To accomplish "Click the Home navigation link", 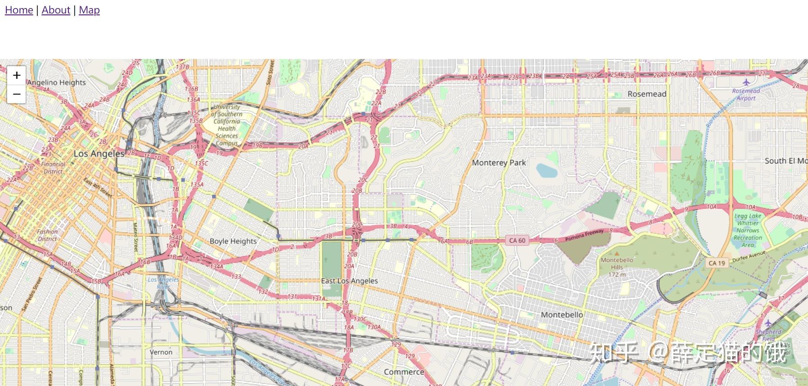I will click(19, 10).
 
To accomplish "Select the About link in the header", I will click(56, 10).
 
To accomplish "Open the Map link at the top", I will click(89, 10).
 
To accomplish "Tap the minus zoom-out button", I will click(17, 94).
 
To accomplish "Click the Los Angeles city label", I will click(99, 154).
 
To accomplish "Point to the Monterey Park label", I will click(499, 163).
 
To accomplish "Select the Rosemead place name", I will click(647, 94).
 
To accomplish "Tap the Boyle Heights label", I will click(233, 241).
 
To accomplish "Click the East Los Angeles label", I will click(349, 281).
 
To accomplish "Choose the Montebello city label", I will click(562, 314).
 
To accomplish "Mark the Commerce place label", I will click(404, 372).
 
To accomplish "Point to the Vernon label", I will click(161, 352).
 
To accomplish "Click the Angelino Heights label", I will click(56, 82).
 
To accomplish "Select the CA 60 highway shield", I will click(517, 241).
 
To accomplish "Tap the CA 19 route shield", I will click(717, 263).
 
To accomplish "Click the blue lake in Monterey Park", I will click(547, 170).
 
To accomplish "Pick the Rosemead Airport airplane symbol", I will click(746, 82).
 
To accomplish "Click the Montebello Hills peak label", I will click(617, 267).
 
